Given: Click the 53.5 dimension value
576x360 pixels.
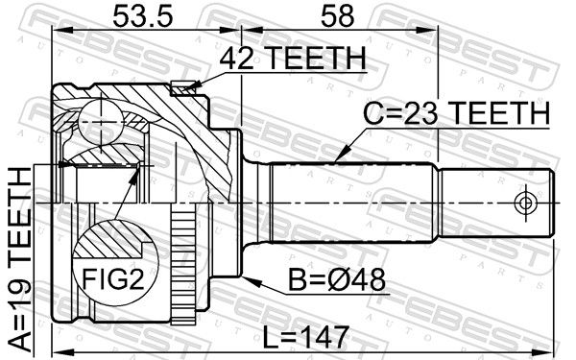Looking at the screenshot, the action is click(x=142, y=16).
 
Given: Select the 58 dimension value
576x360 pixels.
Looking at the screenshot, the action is click(x=337, y=16).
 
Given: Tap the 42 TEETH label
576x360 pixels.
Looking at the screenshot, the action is click(x=293, y=58).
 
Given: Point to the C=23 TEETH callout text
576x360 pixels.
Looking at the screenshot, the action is click(x=457, y=112).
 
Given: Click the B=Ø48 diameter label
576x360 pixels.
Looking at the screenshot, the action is click(x=337, y=280).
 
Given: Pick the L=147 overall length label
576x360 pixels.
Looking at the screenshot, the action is click(x=306, y=338).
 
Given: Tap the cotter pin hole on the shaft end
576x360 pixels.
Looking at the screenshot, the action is click(x=525, y=203).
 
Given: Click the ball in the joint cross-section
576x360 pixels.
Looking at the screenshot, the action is click(x=100, y=122).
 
